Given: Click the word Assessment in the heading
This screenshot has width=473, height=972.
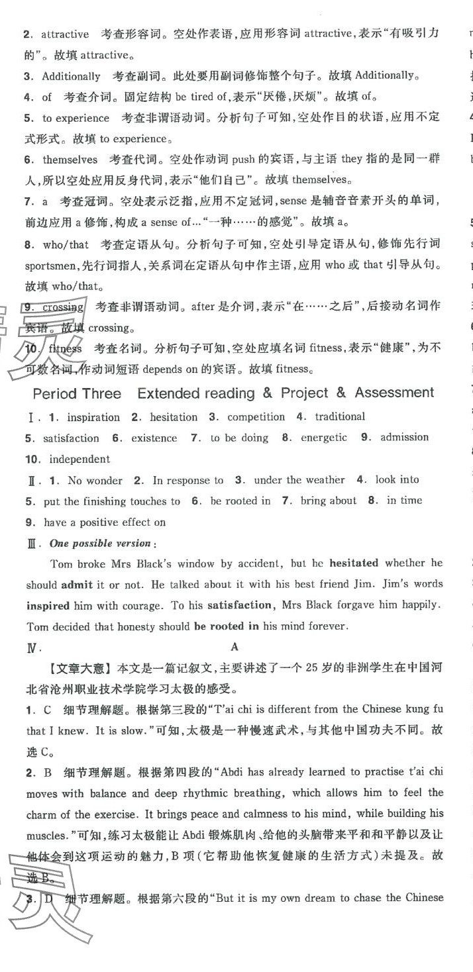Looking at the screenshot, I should coord(394,393).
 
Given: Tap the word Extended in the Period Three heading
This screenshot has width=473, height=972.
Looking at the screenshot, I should coord(168,393).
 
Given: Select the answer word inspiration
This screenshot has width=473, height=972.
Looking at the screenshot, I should coord(93,417).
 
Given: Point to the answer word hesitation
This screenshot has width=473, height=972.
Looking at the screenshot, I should coord(174,417).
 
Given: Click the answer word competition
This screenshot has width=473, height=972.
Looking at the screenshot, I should coord(256,417).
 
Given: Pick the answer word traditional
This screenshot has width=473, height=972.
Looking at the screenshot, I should coord(340,416).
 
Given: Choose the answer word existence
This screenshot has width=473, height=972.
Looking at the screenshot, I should coord(154,438).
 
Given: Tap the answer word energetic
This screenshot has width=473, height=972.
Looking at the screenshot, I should coord(323,438).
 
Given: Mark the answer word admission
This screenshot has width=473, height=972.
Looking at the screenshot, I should coord(404,437).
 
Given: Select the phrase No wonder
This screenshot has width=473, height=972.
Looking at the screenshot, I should coord(95,481).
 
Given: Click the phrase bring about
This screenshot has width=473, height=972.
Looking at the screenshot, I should coord(328,501).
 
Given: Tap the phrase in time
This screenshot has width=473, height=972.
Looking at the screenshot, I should coord(404,501).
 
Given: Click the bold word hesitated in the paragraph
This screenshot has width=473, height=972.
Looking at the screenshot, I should coord(354,563).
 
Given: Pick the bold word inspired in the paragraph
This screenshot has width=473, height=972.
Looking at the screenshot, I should coord(48,606).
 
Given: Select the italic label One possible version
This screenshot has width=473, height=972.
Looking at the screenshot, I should coord(100,544).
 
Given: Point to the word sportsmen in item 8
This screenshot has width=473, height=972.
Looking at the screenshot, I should coord(52,266).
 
